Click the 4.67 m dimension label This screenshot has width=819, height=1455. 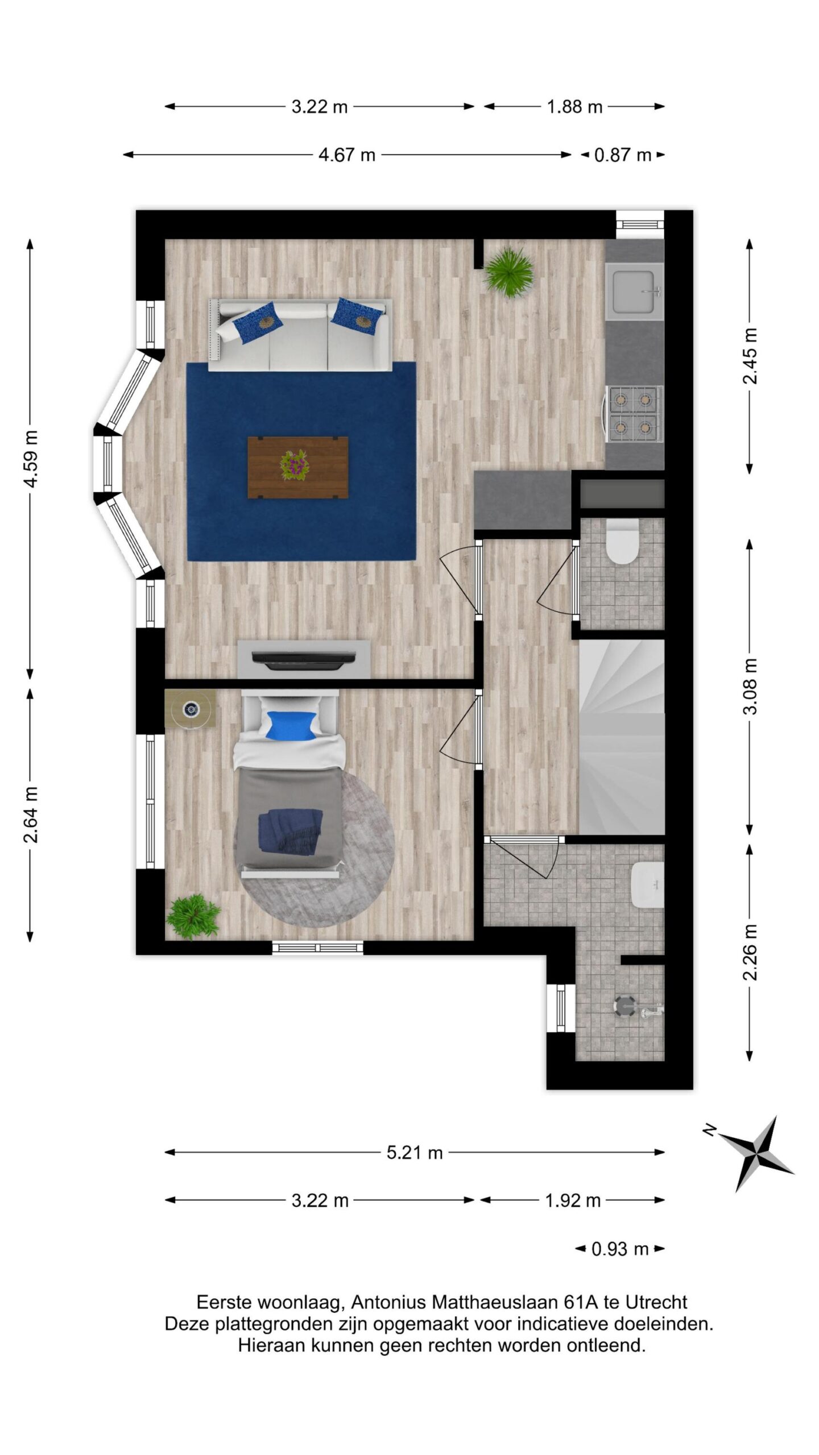pos(346,155)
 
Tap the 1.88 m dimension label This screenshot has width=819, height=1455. pos(574,106)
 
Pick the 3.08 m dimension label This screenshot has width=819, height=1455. pos(751,686)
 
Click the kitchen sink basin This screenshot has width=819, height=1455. pos(635,291)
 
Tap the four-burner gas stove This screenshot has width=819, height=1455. pos(634,414)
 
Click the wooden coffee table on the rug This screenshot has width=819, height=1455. pos(298,467)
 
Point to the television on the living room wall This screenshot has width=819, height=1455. pos(304,658)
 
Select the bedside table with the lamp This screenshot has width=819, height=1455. pos(191,708)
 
